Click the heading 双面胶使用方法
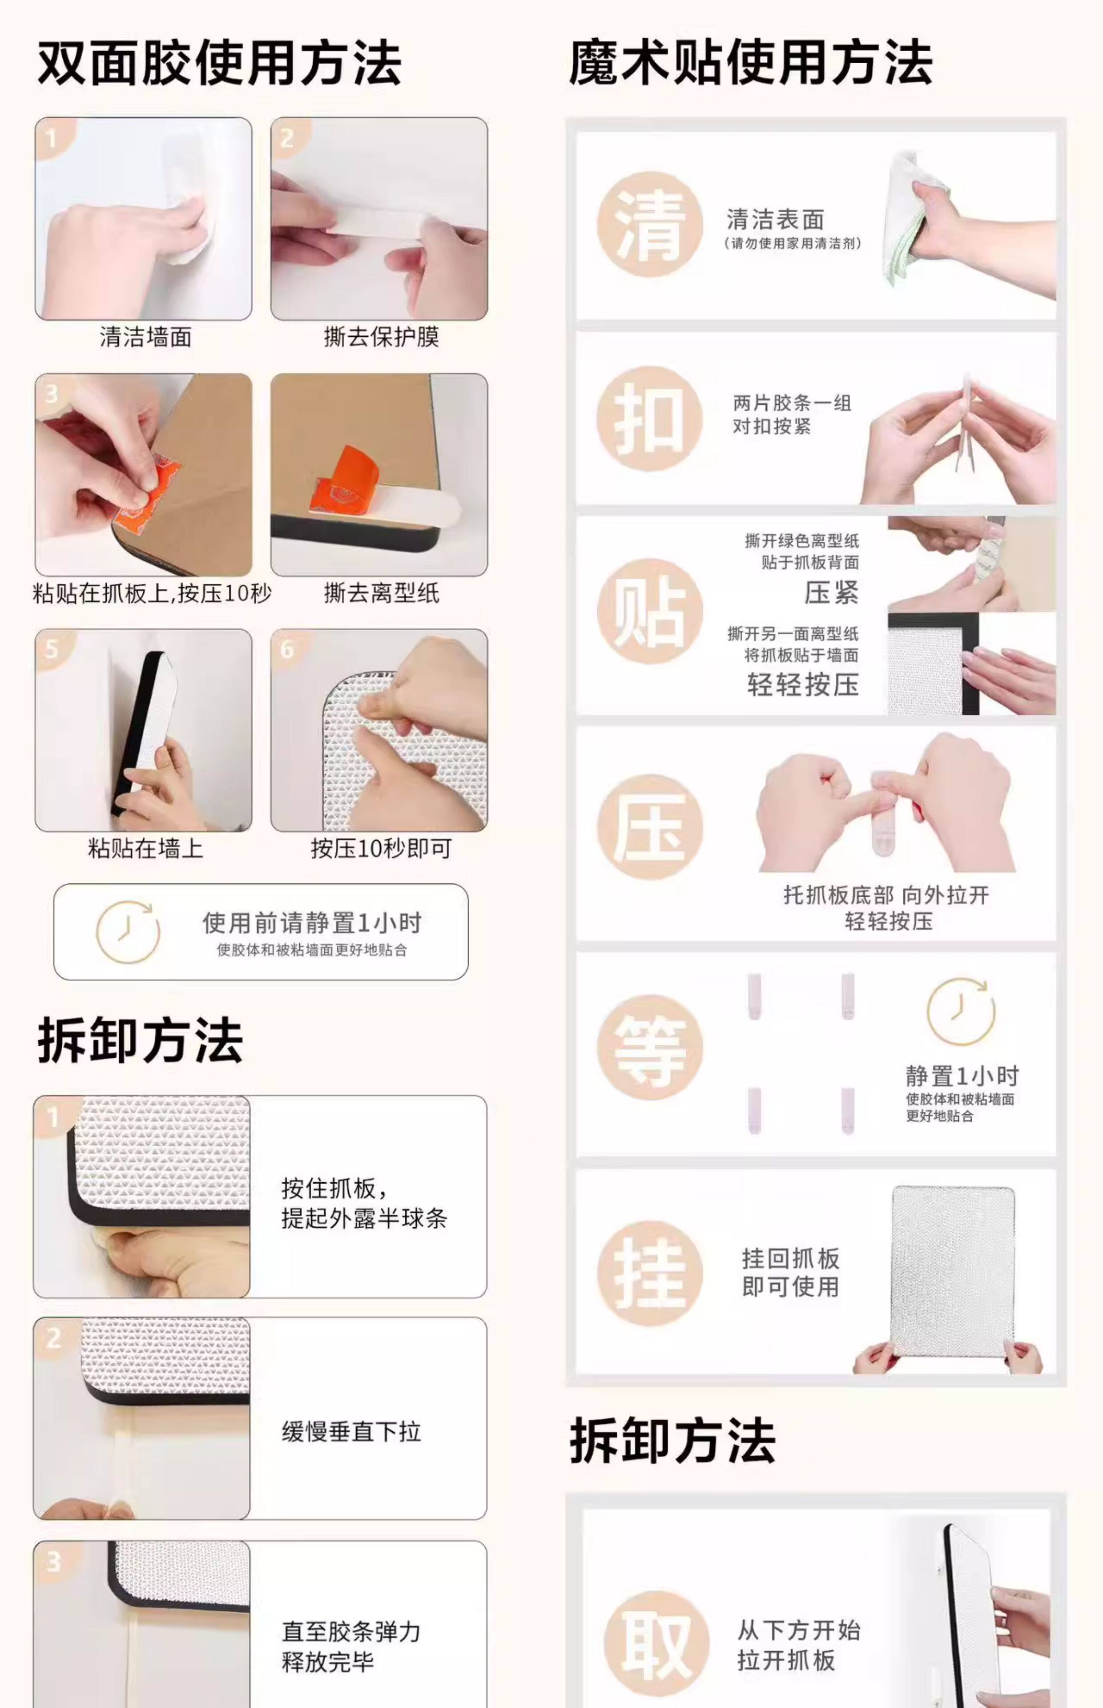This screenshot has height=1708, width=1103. click(219, 63)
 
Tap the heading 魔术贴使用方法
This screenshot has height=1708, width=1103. click(751, 63)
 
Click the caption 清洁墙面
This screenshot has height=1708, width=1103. click(145, 337)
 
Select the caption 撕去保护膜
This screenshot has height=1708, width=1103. click(381, 337)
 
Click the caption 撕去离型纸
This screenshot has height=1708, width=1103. click(381, 593)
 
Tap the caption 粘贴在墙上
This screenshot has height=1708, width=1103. click(145, 849)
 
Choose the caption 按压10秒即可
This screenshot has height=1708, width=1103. click(381, 849)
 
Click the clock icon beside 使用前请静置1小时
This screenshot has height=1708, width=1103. click(128, 932)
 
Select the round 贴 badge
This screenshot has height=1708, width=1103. click(650, 611)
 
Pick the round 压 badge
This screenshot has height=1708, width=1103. click(650, 827)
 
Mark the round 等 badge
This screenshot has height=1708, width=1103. click(650, 1048)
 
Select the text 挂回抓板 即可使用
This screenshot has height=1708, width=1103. click(790, 1273)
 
